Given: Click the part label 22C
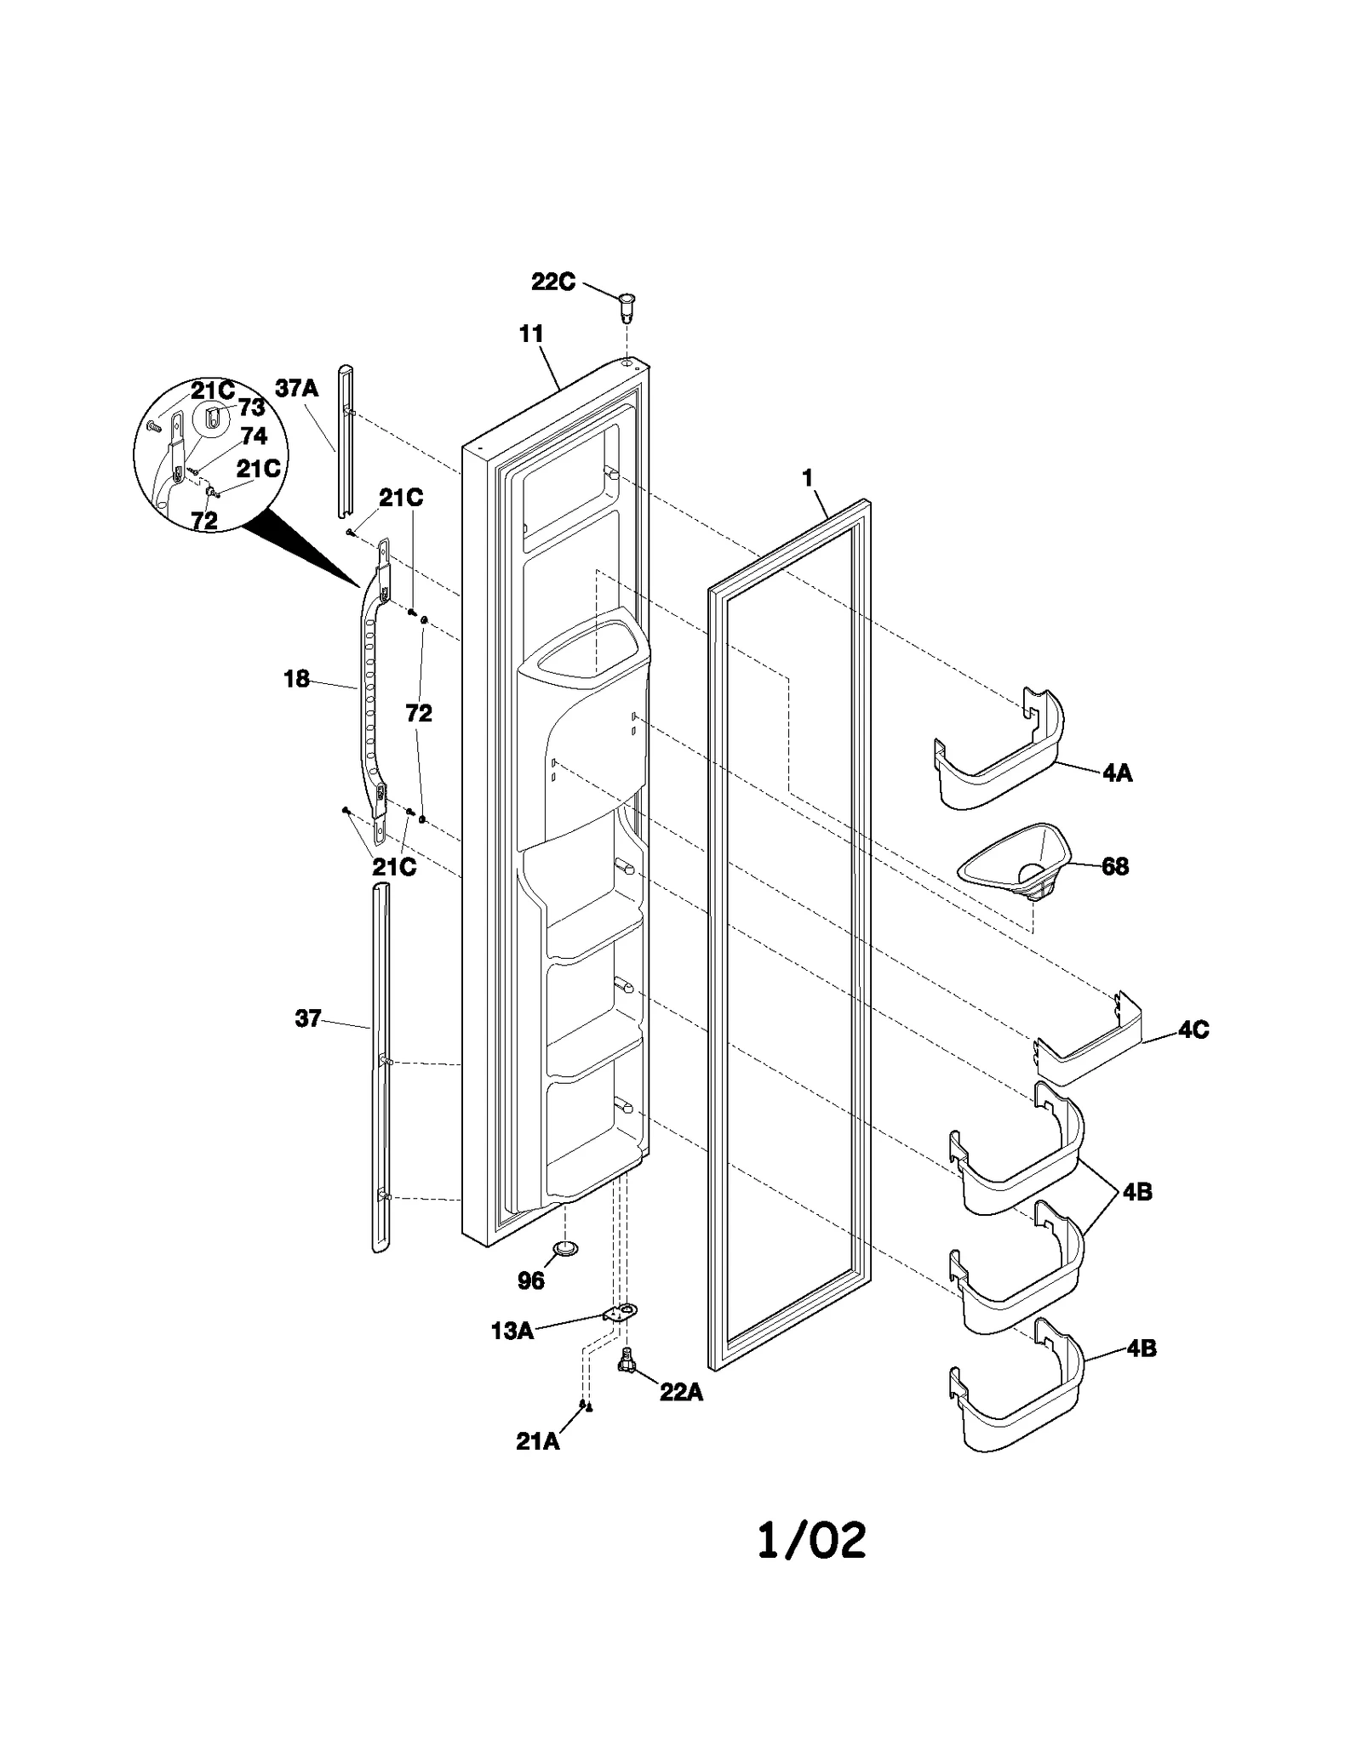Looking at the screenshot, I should (x=553, y=282).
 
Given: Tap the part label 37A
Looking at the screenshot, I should (x=296, y=389).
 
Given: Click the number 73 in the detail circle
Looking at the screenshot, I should (x=251, y=408).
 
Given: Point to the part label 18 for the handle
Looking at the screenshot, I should (x=296, y=679).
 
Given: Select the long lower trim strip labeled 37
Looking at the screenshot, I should (x=380, y=1063).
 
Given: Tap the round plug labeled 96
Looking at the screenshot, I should (x=564, y=1248).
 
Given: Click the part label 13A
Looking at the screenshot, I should (x=512, y=1331).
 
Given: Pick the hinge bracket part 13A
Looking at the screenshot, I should (x=621, y=1313).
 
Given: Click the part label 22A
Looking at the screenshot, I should (x=681, y=1393).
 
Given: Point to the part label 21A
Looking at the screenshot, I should (x=538, y=1442).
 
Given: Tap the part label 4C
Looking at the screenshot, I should (x=1193, y=1029).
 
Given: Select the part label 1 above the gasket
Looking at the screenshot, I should (x=807, y=479).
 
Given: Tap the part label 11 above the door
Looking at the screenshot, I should (x=531, y=334).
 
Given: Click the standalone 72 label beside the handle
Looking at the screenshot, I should (x=419, y=713).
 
